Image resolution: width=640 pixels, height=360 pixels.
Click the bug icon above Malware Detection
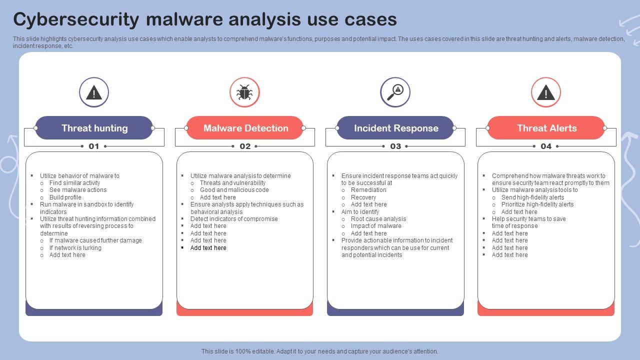point(244,92)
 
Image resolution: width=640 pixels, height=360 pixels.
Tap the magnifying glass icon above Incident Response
point(395,92)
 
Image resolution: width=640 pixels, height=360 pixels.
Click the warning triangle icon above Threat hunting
point(93,93)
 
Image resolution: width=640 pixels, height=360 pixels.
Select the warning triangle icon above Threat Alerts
point(545,92)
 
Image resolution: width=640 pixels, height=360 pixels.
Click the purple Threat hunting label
point(94,127)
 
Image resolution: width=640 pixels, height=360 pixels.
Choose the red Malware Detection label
point(245,127)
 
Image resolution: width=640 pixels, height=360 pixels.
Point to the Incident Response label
point(395,127)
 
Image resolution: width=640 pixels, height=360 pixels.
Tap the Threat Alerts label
point(546,127)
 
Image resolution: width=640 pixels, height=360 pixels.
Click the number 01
point(93,146)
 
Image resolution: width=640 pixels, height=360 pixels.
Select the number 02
point(245,146)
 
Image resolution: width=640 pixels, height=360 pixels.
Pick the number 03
point(395,146)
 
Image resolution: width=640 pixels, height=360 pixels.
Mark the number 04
point(546,146)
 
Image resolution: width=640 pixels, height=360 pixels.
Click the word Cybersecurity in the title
point(76,19)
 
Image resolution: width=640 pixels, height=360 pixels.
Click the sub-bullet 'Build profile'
point(65,197)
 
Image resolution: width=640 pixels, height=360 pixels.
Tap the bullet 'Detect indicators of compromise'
point(234,219)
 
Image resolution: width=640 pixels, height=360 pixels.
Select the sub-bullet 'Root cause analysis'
point(378,219)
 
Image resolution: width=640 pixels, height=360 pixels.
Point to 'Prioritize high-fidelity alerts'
point(537,204)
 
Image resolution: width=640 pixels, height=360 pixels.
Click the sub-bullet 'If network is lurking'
point(75,247)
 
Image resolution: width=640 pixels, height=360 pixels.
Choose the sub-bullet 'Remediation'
point(368,190)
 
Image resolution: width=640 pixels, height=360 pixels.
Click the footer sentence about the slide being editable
point(319,351)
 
